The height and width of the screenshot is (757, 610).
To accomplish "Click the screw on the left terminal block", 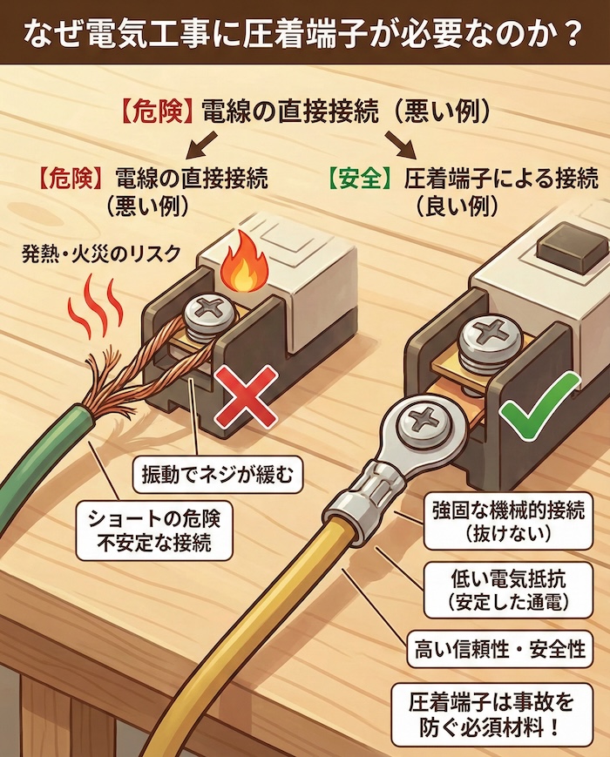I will [x=212, y=310].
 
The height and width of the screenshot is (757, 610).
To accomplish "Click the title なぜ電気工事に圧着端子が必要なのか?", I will [x=304, y=32].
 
